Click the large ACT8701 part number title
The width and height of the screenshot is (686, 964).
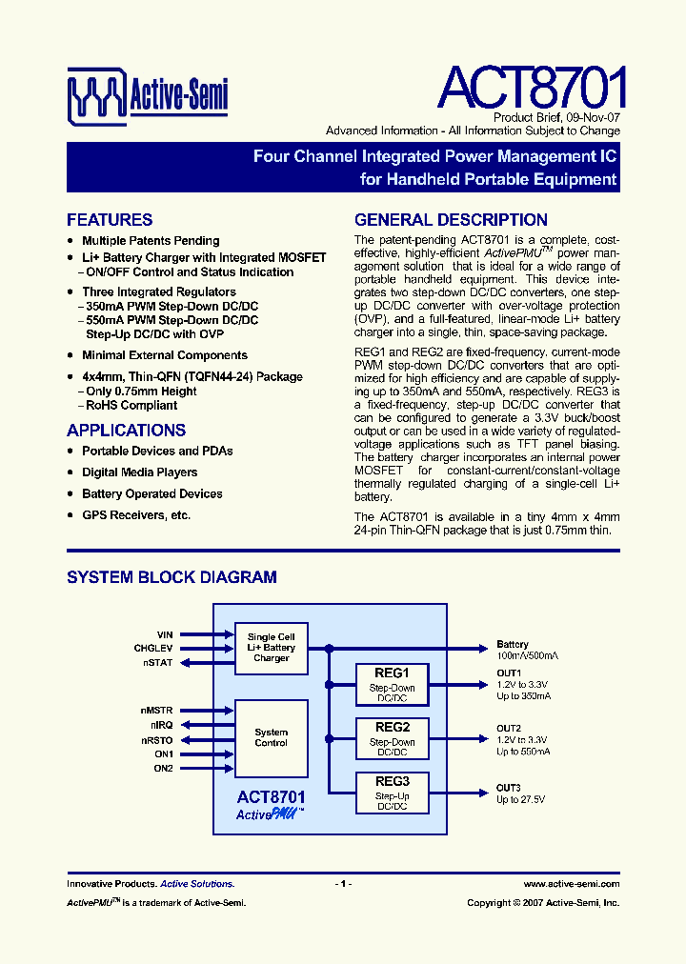pyautogui.click(x=532, y=88)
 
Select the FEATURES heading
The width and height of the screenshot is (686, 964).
pyautogui.click(x=110, y=220)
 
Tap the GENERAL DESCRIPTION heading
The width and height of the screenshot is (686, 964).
pyautogui.click(x=451, y=220)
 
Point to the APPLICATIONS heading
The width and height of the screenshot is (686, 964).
pyautogui.click(x=126, y=430)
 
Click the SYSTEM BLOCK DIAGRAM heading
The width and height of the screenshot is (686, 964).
pyautogui.click(x=171, y=577)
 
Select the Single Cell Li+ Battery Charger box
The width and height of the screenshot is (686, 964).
pyautogui.click(x=272, y=648)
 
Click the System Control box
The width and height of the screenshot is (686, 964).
pyautogui.click(x=272, y=738)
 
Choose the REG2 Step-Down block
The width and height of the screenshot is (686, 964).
pyautogui.click(x=392, y=739)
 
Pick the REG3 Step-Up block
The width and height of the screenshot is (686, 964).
pyautogui.click(x=392, y=793)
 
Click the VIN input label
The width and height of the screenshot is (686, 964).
pyautogui.click(x=165, y=634)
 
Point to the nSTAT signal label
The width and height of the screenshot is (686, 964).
pyautogui.click(x=159, y=662)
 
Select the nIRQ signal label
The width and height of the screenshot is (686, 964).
pyautogui.click(x=161, y=725)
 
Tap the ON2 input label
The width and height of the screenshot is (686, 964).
pyautogui.click(x=164, y=768)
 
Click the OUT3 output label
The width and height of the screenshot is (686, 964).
pyautogui.click(x=509, y=787)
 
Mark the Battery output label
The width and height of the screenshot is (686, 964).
pyautogui.click(x=513, y=645)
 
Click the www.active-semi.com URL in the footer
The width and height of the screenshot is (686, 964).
pyautogui.click(x=571, y=884)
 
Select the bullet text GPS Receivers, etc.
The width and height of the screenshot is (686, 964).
pyautogui.click(x=136, y=515)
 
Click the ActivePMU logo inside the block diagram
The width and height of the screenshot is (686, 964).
pyautogui.click(x=270, y=814)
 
